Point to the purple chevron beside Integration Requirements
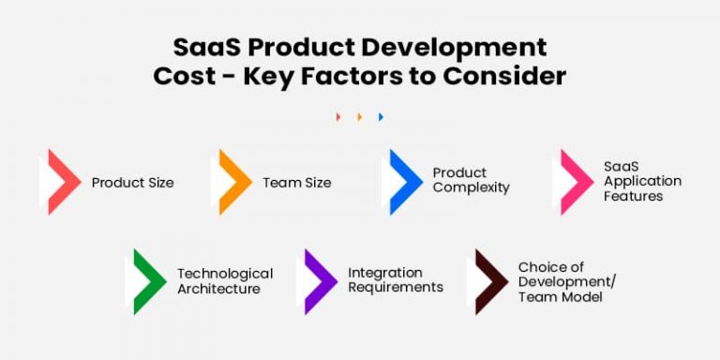(x=321, y=281)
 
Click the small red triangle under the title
(x=338, y=117)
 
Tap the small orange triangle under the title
(x=359, y=117)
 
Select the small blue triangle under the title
(x=381, y=117)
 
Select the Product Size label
(x=132, y=183)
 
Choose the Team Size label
(x=296, y=183)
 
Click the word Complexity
(x=471, y=187)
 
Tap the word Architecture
(x=218, y=289)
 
